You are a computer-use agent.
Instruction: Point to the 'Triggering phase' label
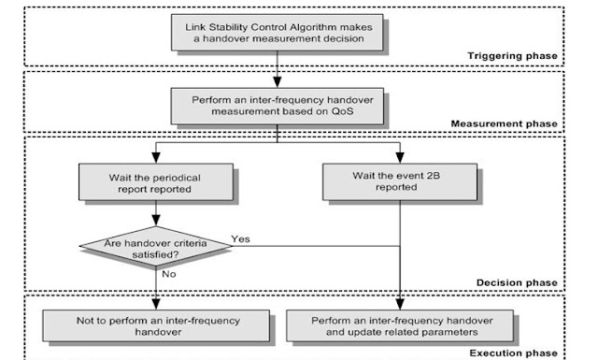512,56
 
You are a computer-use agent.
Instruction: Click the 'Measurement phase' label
505,122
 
